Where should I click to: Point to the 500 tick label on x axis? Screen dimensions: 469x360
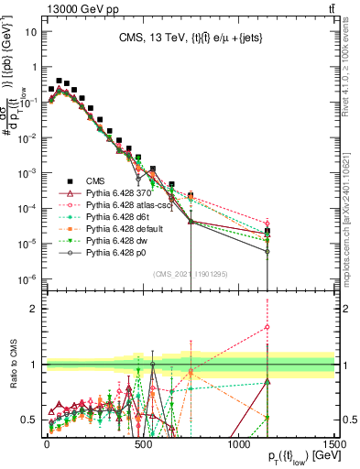pyautogui.click(x=142, y=443)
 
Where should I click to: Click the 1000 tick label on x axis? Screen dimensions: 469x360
pyautogui.click(x=238, y=443)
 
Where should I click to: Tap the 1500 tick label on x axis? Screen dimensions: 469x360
pyautogui.click(x=333, y=443)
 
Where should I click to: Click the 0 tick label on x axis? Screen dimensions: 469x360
pyautogui.click(x=47, y=443)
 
